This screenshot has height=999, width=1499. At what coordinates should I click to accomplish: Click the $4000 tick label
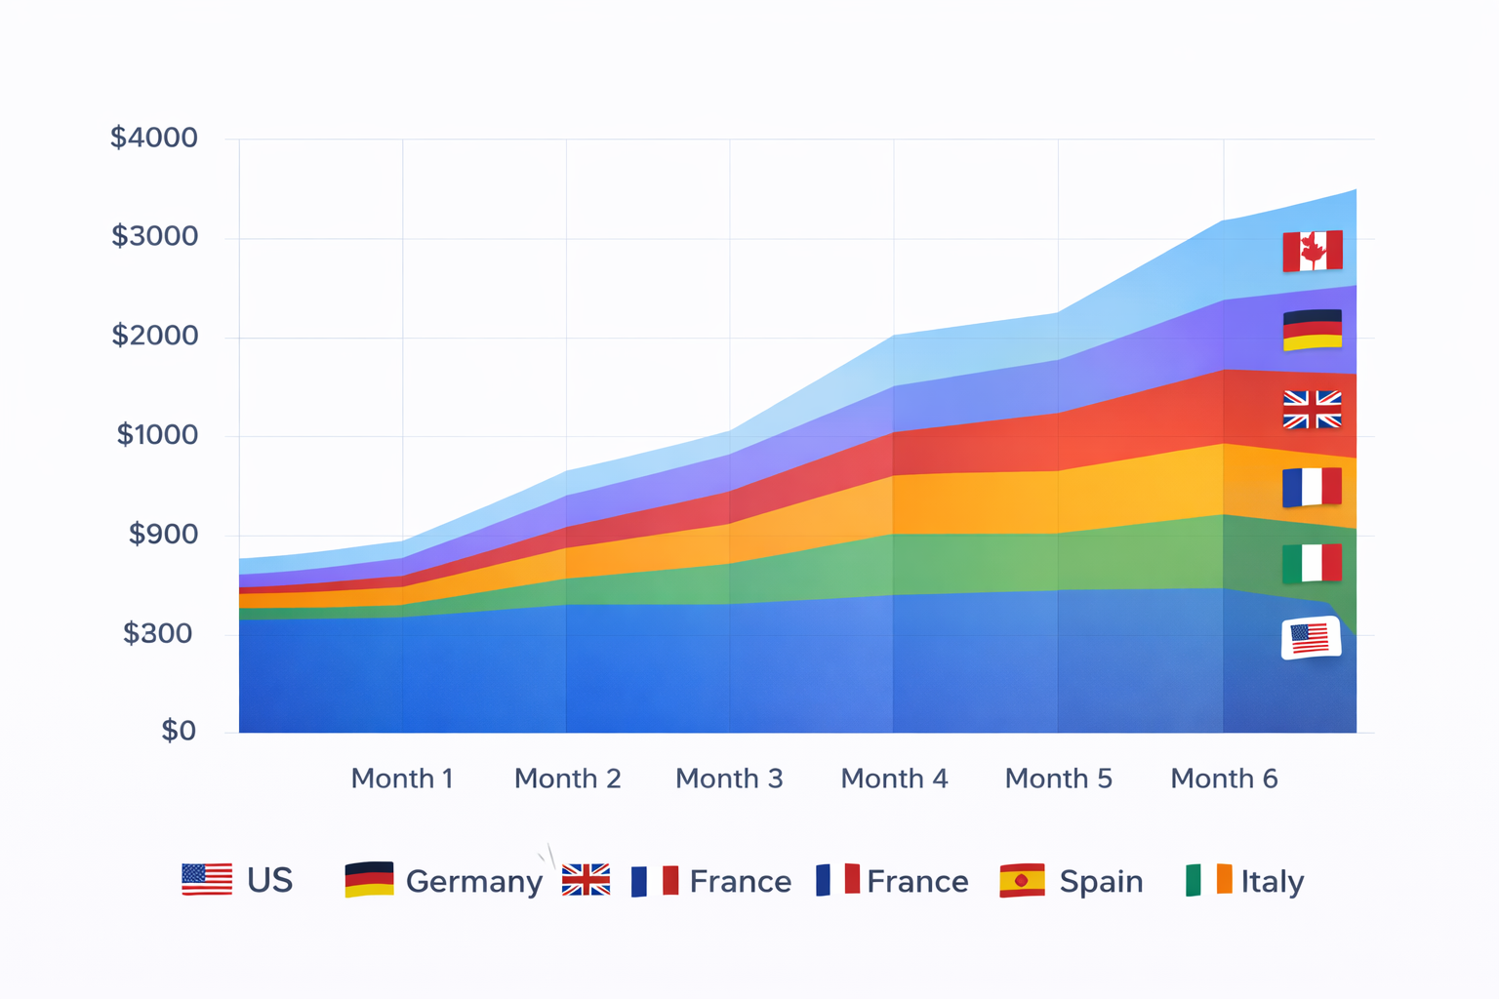(154, 138)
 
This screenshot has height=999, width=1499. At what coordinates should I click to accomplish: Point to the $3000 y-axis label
(155, 236)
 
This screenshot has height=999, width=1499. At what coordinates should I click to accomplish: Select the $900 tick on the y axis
(163, 535)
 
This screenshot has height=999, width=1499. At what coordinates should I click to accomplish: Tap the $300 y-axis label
(157, 634)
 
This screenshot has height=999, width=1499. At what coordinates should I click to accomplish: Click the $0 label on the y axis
(179, 731)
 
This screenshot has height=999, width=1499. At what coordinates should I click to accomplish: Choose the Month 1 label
(402, 779)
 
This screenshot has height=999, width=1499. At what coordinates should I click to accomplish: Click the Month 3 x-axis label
(729, 779)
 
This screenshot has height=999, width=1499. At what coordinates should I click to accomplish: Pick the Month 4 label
(894, 779)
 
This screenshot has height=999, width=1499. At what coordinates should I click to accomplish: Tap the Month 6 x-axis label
(1224, 779)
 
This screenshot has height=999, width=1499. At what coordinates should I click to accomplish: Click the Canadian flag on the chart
(1313, 251)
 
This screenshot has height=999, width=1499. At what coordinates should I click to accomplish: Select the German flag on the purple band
(1313, 330)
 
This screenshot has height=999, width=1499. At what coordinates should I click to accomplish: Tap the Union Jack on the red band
(1313, 410)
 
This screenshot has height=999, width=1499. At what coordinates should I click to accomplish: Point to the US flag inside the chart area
(1311, 639)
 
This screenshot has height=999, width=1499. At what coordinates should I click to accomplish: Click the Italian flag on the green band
(1313, 563)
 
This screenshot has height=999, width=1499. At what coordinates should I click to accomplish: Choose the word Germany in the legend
(474, 882)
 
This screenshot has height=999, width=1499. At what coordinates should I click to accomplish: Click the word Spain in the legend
(1101, 882)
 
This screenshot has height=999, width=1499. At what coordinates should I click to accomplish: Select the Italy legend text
(1273, 882)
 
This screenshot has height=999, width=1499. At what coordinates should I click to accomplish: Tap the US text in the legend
(270, 881)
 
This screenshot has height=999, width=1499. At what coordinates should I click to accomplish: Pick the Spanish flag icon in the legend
(1022, 880)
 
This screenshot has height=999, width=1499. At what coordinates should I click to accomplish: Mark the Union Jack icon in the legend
(586, 880)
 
